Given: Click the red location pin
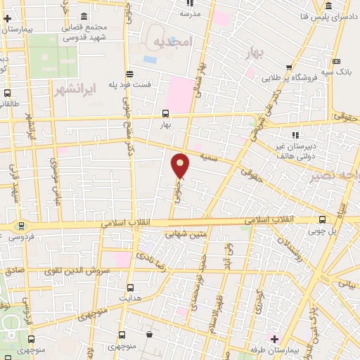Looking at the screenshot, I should pos(181,165).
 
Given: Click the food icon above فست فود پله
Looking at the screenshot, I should pos(129,74).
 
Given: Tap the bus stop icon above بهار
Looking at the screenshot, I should pos(165,112).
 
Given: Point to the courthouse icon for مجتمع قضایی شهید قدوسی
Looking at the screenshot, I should pos(84,16).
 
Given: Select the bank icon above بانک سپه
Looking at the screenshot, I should pos(337,60).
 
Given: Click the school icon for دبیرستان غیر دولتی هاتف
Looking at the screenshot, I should pos(295,134).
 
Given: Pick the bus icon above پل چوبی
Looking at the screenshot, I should pos(322,219).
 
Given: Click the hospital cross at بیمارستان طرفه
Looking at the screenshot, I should pos(274,339).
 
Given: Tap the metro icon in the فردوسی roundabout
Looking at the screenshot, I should pos(19,226).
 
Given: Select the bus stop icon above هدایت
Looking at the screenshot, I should pos(129,287).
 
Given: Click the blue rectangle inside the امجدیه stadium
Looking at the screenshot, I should pos(152,58).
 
